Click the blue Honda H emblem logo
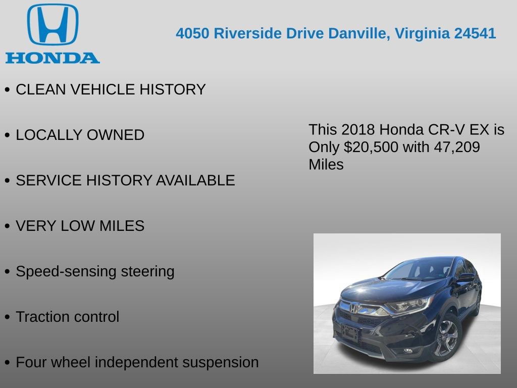coord(53,25)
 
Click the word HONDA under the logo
coord(53,58)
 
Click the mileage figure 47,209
coord(458,147)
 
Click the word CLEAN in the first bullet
coord(41,90)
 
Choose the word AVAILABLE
coord(195,181)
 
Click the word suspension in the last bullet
coord(220,363)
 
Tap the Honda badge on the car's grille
coord(355,307)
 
